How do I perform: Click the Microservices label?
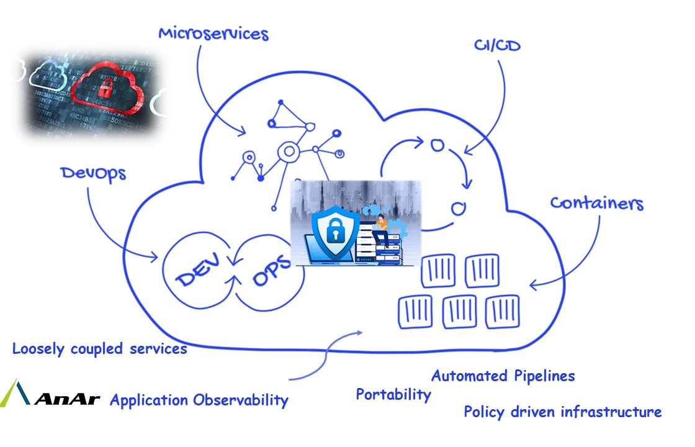click(213, 34)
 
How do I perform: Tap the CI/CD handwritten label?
click(497, 45)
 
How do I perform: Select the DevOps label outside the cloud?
click(93, 174)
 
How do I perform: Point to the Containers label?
click(596, 202)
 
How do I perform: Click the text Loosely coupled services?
click(100, 348)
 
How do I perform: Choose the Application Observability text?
click(199, 400)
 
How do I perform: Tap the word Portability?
click(393, 394)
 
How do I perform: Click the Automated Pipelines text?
click(503, 376)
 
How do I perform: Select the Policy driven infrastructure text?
click(562, 412)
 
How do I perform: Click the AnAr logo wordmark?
click(68, 399)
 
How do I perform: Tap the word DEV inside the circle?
click(198, 269)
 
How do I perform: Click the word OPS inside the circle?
click(271, 270)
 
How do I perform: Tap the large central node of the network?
click(289, 151)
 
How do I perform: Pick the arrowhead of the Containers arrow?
click(532, 285)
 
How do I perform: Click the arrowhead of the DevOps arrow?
click(155, 257)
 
